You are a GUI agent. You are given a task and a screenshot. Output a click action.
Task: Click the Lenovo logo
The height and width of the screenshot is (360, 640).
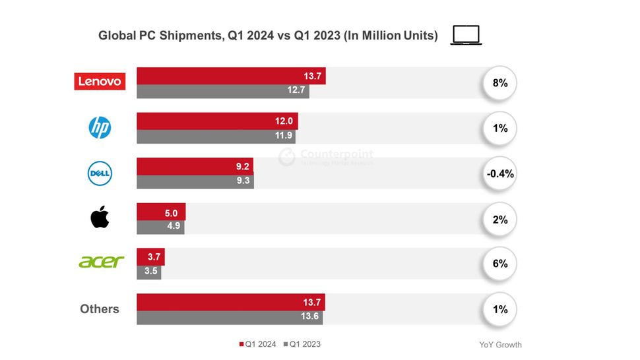(x=100, y=81)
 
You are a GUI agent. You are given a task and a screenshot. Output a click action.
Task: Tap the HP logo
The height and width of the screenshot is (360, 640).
(x=100, y=128)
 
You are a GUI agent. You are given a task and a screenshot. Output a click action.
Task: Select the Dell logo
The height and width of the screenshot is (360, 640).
(x=100, y=173)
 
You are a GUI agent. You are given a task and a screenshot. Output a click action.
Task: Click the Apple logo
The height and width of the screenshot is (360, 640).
(x=100, y=218)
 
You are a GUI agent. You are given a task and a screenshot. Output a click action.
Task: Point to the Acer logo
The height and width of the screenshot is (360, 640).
(x=101, y=262)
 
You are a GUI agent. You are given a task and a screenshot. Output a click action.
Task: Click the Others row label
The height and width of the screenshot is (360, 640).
(x=100, y=309)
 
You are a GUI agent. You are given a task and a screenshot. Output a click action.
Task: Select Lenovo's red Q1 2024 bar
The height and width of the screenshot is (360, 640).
(x=231, y=75)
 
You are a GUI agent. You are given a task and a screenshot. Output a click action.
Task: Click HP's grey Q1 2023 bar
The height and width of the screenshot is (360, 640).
(x=216, y=136)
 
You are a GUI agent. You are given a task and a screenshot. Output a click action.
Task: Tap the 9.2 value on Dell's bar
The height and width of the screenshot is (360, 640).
(x=243, y=166)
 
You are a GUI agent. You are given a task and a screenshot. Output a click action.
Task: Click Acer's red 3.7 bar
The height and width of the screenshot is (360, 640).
(x=150, y=256)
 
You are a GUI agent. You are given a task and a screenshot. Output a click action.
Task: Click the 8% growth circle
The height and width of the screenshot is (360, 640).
(x=499, y=84)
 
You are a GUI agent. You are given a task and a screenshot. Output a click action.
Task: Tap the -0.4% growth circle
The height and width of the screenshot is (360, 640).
(x=499, y=174)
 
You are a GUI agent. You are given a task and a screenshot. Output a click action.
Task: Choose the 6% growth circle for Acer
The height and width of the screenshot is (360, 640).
(x=499, y=263)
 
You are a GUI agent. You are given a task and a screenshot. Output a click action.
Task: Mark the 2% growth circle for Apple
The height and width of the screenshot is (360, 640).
(x=499, y=220)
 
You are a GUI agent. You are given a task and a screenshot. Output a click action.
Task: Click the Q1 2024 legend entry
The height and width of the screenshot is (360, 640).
(x=258, y=344)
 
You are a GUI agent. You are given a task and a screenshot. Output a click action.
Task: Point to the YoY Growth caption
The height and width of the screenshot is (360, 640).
(x=500, y=345)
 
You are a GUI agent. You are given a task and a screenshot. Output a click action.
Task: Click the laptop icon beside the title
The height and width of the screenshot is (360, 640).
(x=466, y=35)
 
